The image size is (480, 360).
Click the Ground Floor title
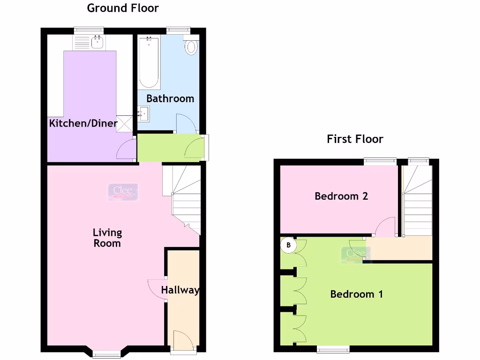(123, 8)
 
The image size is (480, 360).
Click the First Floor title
(355, 139)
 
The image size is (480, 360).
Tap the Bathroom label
(170, 98)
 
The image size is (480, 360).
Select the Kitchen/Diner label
(83, 123)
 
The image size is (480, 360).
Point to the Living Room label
(107, 238)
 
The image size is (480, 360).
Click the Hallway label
(180, 290)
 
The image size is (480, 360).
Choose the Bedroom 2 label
(341, 196)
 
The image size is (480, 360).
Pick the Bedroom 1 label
(357, 294)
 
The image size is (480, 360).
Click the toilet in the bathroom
(191, 46)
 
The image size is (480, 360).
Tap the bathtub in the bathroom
(149, 63)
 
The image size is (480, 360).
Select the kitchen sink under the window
(97, 42)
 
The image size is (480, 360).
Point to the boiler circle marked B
(289, 245)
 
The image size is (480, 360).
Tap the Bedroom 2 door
(386, 228)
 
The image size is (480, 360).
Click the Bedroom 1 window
(333, 349)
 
